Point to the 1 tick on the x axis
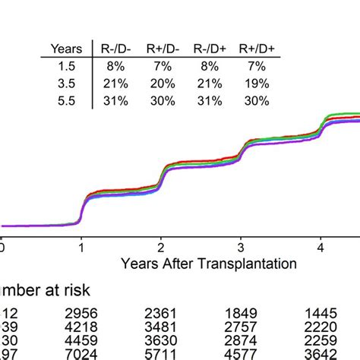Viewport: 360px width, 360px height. click(x=81, y=248)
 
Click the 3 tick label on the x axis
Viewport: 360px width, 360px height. click(x=240, y=248)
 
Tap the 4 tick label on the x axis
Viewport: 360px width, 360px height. click(x=320, y=248)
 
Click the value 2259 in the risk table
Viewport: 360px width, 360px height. click(x=321, y=342)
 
